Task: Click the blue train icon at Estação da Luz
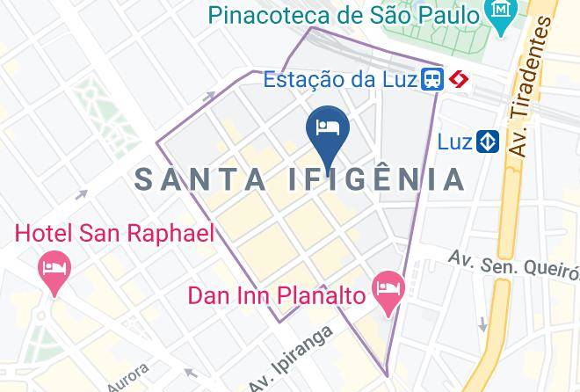pos(431,80)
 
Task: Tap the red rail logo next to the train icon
pos(457,80)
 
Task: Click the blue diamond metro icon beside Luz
pos(488,141)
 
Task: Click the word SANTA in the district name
pos(202,179)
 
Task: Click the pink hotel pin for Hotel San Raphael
pos(54,271)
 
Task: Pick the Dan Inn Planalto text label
pos(277,295)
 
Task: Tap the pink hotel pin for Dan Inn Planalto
pos(388,290)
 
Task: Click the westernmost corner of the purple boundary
pos(156,141)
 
